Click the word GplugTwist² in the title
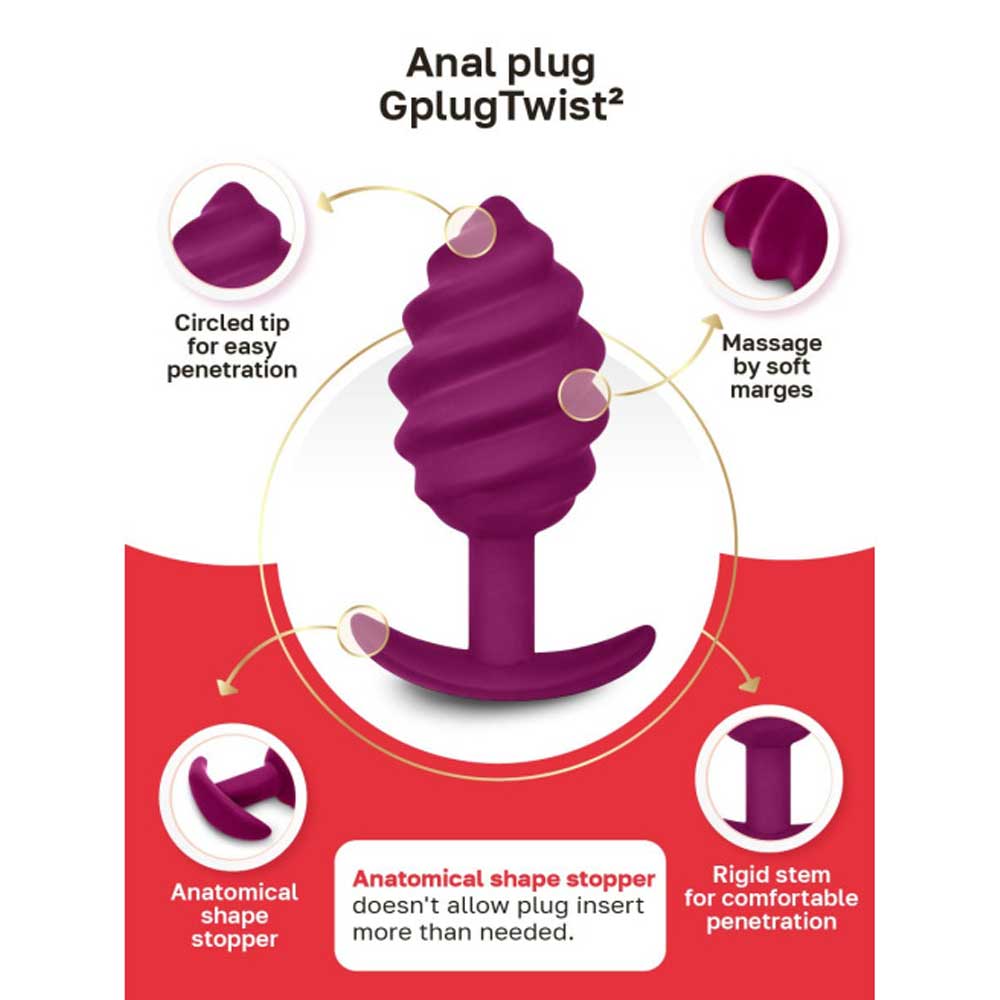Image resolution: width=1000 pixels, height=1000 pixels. tap(501, 106)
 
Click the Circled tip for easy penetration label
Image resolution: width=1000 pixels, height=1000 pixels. tap(232, 346)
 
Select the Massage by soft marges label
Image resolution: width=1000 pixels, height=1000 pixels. tap(772, 366)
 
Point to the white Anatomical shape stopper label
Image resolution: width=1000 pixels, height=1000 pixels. tap(234, 915)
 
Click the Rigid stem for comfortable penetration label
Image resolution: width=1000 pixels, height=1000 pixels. tap(771, 898)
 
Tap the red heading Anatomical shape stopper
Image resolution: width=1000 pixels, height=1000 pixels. tap(503, 879)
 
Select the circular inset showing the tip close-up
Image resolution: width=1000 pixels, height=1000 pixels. tap(235, 231)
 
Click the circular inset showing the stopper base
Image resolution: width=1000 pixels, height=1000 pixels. tap(233, 797)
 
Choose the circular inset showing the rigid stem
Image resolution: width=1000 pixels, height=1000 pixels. tap(769, 779)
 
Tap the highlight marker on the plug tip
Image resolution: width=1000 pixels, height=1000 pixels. tap(470, 232)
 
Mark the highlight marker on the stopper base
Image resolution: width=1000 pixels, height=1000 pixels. tap(363, 631)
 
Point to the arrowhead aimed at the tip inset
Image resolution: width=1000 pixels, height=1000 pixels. tap(327, 202)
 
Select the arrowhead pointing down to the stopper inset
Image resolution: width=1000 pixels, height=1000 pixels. tap(226, 686)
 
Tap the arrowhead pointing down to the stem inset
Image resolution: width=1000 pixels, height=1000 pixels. tap(750, 684)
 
